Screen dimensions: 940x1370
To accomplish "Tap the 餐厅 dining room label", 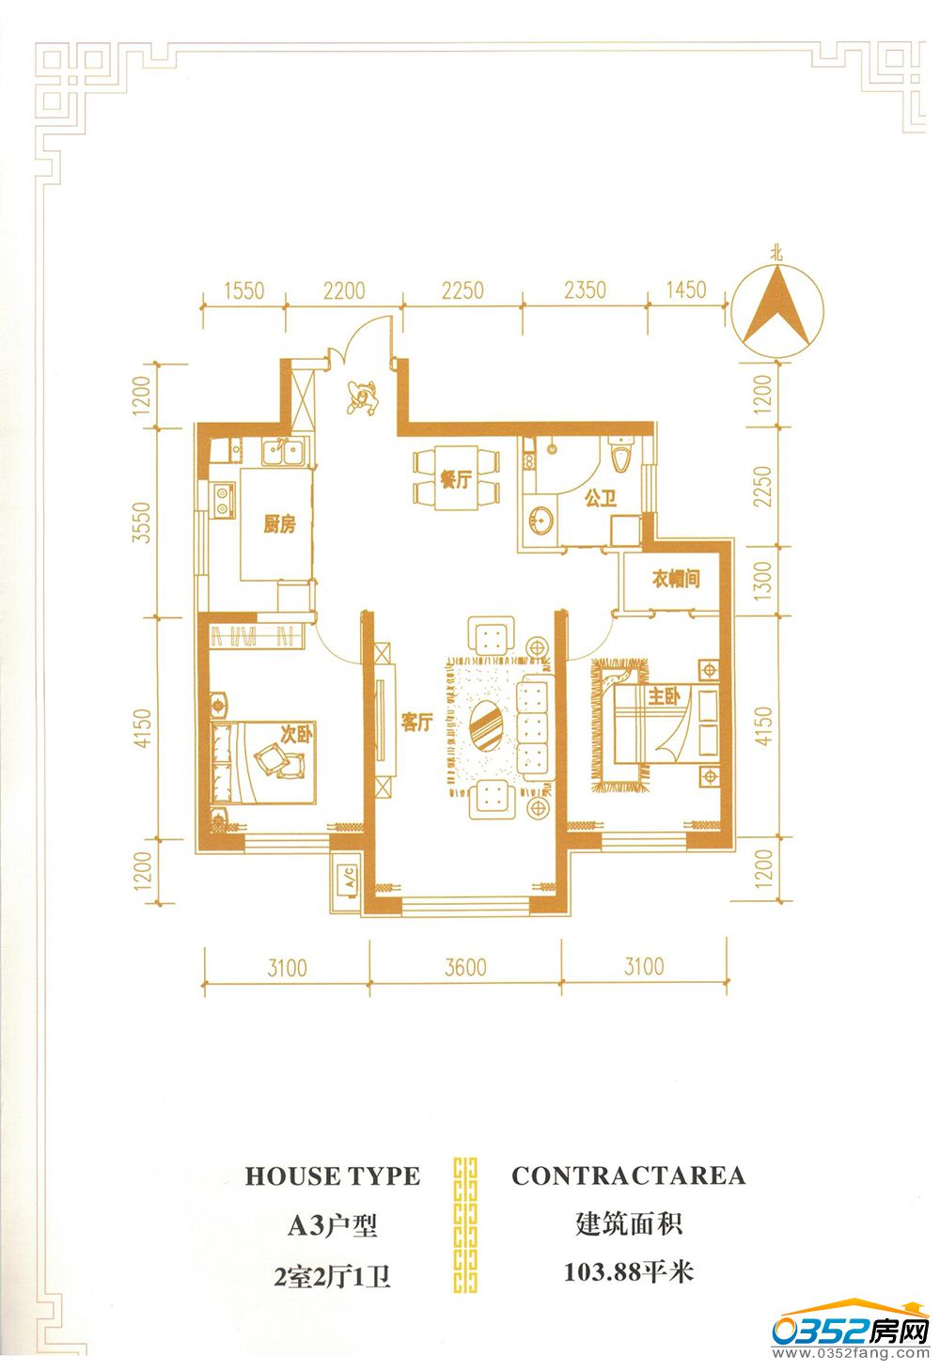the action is point(456,479).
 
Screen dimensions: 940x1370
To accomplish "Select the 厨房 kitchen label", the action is point(280,524).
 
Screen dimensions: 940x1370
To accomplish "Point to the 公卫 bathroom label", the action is point(601,499).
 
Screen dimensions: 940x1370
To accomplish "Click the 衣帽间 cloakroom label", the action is point(676,579).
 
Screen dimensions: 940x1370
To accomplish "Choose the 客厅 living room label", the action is point(416,722).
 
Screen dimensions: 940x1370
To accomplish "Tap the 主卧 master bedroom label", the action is point(664,695).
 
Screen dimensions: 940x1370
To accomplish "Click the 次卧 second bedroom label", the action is point(297,733).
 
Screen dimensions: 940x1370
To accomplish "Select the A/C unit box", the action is point(346,881).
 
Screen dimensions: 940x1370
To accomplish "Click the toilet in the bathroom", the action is point(621,453).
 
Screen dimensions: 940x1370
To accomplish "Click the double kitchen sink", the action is point(285,453).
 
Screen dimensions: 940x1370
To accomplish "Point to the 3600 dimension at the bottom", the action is point(465,968).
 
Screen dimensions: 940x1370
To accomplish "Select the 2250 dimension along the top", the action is point(462,290).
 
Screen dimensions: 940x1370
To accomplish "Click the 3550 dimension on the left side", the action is point(142,522).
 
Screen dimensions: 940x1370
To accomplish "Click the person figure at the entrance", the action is point(362,397).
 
